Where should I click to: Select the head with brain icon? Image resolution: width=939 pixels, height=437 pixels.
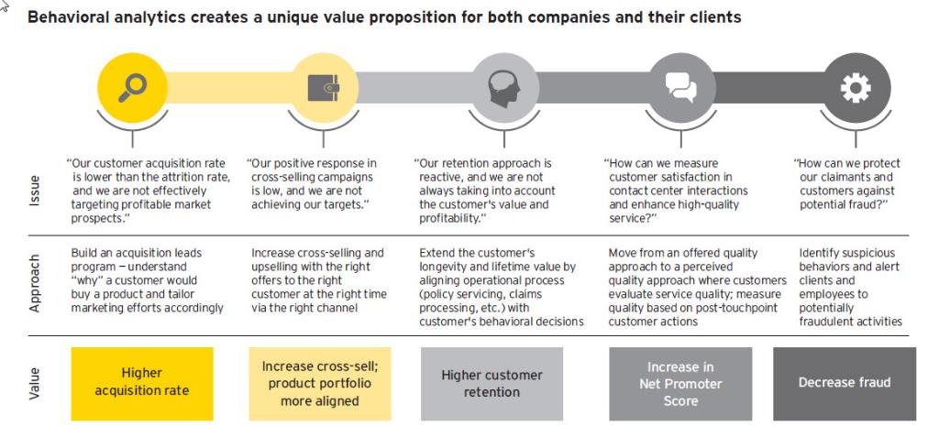tap(503, 88)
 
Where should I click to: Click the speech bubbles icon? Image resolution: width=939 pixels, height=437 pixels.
tap(680, 88)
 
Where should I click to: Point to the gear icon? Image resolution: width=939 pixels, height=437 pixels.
tap(856, 88)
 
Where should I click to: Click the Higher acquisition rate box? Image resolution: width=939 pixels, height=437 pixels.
tap(141, 382)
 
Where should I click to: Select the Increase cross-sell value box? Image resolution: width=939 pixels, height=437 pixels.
tap(319, 383)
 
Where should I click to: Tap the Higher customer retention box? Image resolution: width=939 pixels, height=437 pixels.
tap(492, 383)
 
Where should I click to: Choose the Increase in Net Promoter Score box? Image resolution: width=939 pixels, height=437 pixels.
tap(680, 383)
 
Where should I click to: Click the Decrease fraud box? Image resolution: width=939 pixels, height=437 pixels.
tap(845, 383)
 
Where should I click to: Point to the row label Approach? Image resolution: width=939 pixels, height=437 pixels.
tap(36, 285)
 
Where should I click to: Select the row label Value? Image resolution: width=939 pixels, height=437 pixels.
tap(36, 382)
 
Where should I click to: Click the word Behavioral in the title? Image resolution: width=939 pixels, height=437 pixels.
tap(69, 16)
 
